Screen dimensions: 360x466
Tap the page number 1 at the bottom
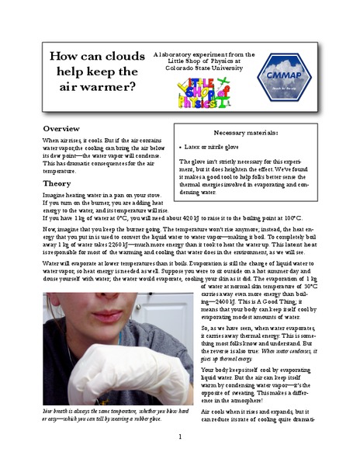[180, 437]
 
